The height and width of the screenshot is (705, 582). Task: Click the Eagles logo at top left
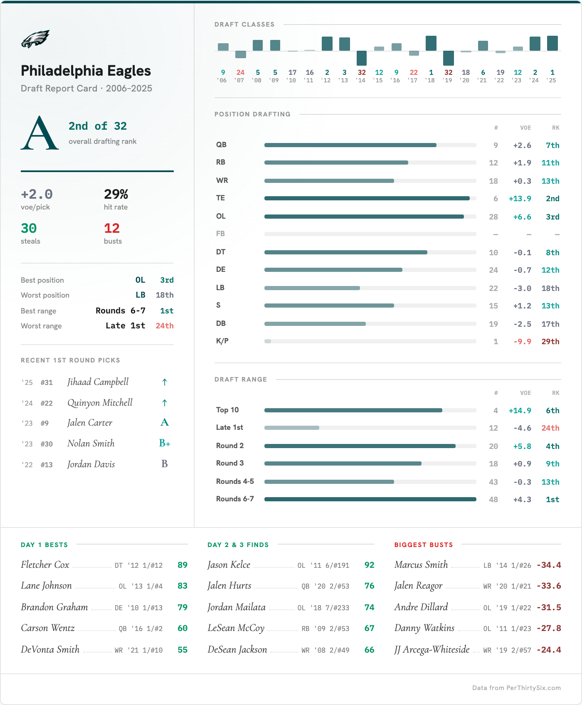pos(35,39)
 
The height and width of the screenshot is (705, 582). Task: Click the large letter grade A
pos(39,133)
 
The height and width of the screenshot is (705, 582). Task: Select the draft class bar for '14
pos(362,58)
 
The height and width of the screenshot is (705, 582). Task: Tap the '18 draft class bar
pos(431,43)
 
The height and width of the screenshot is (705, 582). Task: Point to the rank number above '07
pos(240,72)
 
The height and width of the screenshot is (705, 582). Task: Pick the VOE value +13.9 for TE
pos(520,199)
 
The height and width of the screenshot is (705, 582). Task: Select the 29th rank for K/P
pos(550,342)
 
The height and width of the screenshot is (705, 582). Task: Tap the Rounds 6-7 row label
pos(235,499)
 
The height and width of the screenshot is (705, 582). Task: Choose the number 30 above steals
pos(29,228)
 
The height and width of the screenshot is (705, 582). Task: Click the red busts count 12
pos(112,228)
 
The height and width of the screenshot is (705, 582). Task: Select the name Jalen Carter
pos(90,423)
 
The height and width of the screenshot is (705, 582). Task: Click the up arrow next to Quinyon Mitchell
pos(165,403)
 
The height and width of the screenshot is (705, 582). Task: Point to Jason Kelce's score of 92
pos(369,565)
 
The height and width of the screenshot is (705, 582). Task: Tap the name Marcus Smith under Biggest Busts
pos(421,564)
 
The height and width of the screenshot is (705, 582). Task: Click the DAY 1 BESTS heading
pos(44,545)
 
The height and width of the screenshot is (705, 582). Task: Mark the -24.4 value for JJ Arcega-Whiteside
pos(549,650)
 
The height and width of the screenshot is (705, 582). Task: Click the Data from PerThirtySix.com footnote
pos(516,688)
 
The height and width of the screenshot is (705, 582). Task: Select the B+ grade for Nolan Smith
pos(165,444)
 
